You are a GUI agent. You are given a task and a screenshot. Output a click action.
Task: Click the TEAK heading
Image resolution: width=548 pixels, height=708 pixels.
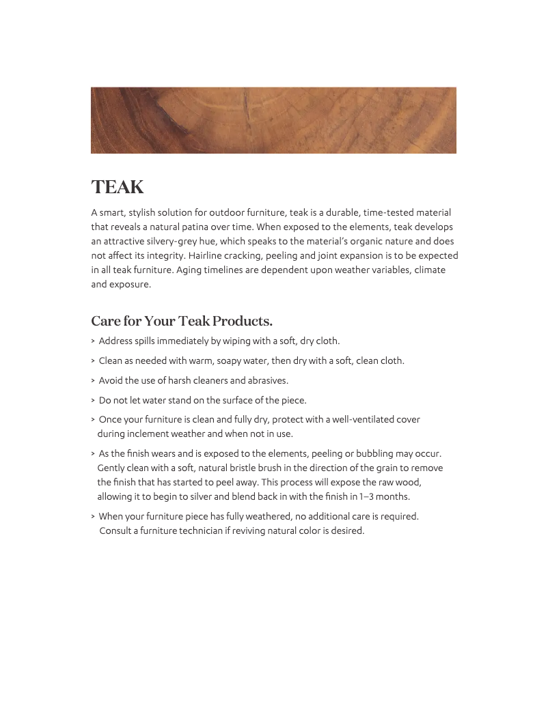[x=118, y=187]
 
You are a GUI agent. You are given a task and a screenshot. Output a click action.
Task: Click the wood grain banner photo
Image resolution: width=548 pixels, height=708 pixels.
[x=273, y=120]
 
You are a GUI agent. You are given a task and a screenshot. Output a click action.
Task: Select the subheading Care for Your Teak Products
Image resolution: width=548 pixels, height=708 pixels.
[x=182, y=321]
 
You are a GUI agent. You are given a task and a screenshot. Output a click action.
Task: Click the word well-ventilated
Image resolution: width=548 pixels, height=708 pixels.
[x=353, y=420]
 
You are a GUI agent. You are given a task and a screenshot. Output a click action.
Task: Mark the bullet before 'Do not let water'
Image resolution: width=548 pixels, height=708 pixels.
[x=93, y=401]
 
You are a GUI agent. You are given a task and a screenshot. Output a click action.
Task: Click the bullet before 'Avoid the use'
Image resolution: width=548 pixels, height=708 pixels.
[x=93, y=381]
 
